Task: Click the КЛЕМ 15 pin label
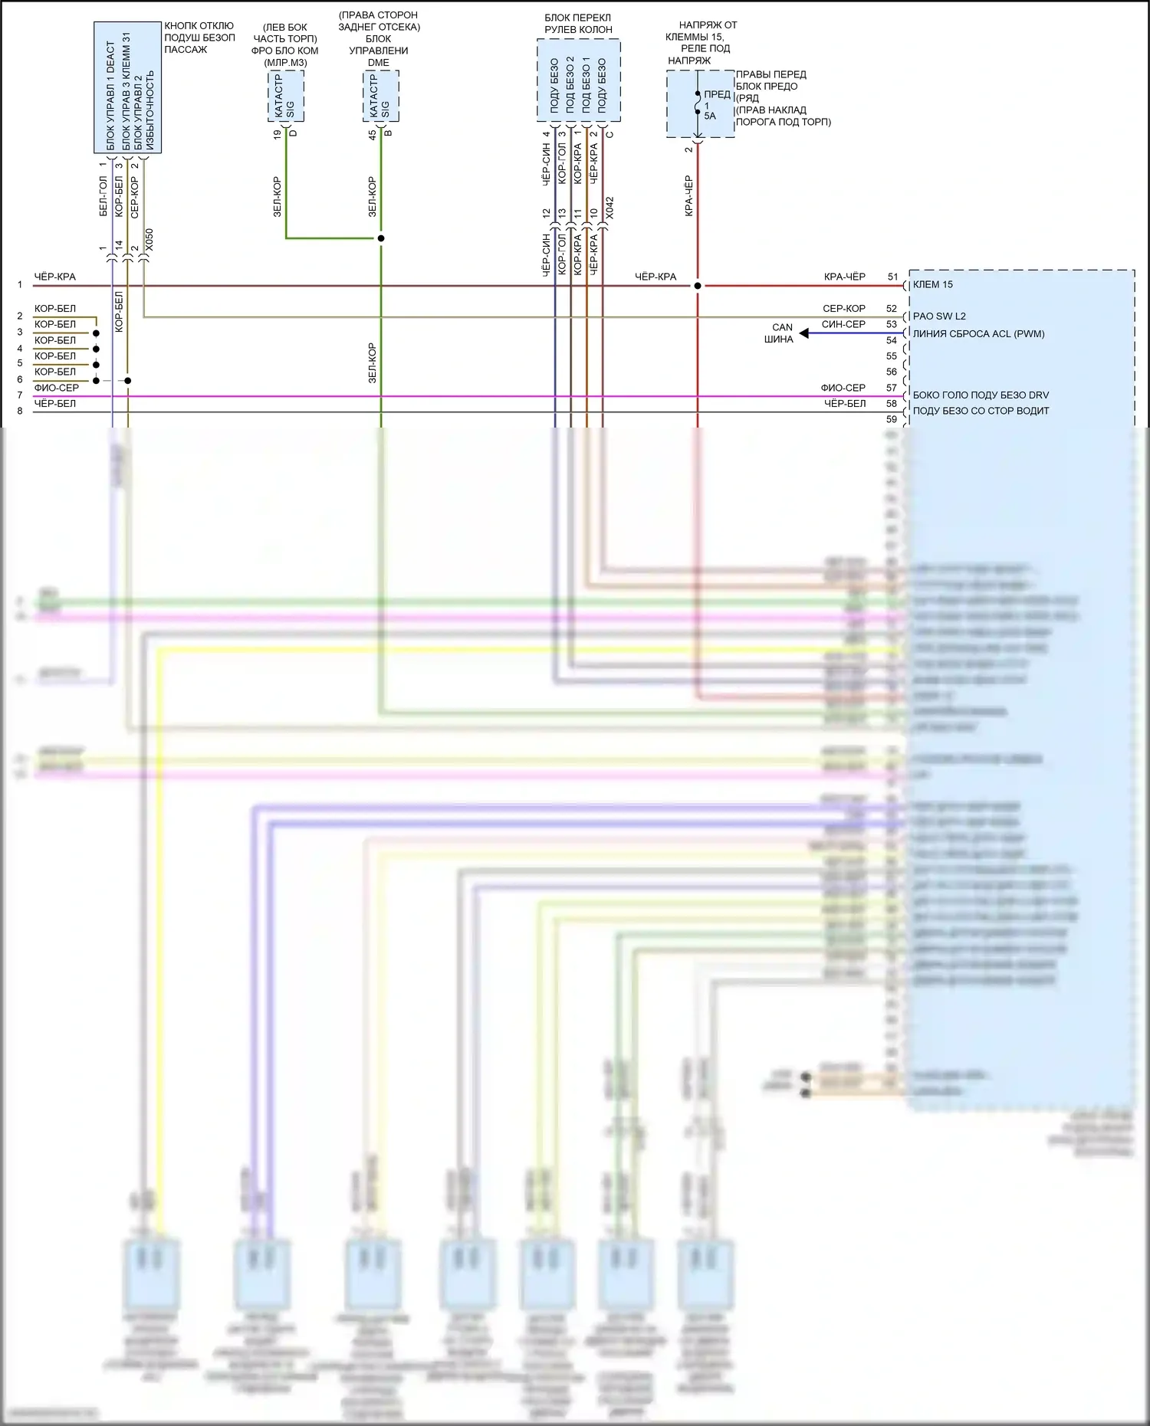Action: tap(932, 284)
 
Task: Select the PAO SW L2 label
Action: tap(938, 316)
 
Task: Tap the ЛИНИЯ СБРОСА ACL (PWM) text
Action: tap(978, 333)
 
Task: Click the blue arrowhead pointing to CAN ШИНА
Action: tap(804, 333)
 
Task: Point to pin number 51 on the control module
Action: tap(892, 277)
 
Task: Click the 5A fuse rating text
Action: tap(710, 116)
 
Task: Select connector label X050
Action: tap(149, 241)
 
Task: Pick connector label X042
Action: tap(609, 208)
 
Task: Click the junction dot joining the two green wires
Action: tap(381, 238)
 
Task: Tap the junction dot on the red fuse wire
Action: tap(698, 286)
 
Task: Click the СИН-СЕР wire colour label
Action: tap(843, 324)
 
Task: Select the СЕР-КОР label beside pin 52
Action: tap(843, 308)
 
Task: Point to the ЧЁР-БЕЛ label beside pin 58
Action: tap(845, 403)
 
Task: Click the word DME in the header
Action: tap(379, 63)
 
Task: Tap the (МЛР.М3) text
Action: tap(285, 63)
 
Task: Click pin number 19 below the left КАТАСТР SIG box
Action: tap(278, 134)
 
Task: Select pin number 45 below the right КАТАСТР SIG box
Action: tap(373, 134)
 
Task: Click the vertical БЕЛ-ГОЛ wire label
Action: tap(103, 197)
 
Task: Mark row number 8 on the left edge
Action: tap(20, 411)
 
